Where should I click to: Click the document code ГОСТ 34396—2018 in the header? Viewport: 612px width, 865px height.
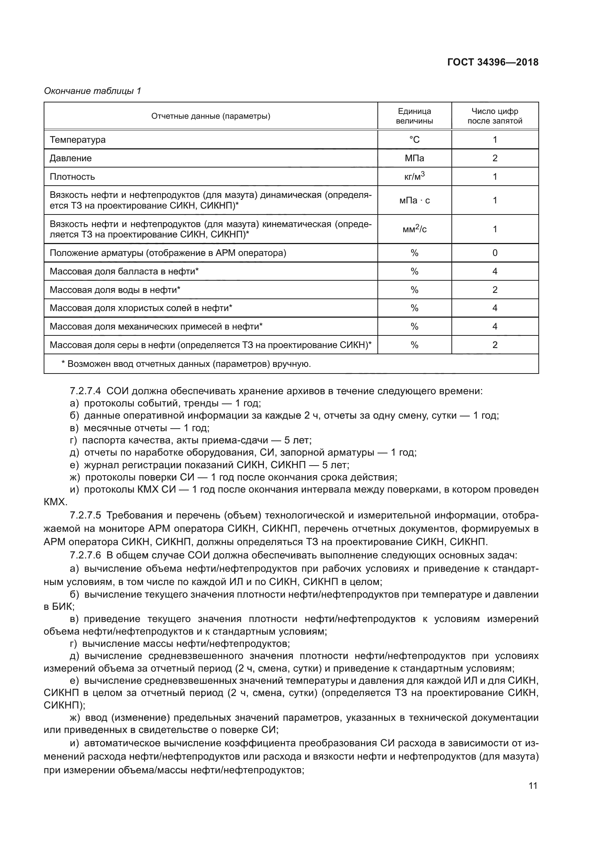pos(492,62)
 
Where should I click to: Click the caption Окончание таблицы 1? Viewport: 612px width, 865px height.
pos(93,91)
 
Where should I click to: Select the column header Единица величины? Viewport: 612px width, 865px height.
pos(414,116)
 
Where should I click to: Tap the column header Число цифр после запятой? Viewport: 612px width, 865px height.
pos(494,116)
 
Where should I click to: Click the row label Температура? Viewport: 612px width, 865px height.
pos(78,140)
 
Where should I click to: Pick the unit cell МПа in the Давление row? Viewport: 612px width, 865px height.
pos(414,158)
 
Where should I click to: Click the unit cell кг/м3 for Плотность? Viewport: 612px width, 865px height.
pos(414,176)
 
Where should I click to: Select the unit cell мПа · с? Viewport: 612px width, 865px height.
pos(414,200)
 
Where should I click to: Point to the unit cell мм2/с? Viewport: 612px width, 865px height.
pos(414,229)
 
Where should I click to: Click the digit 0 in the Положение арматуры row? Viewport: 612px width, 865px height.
pos(495,253)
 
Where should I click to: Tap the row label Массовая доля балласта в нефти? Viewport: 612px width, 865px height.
pos(124,271)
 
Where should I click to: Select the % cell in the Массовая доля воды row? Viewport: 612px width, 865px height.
pos(414,290)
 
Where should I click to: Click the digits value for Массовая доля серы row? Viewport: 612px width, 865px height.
pos(495,345)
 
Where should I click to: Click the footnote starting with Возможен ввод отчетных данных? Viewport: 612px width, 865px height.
pos(186,364)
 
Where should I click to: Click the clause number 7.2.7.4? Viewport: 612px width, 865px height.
pos(85,391)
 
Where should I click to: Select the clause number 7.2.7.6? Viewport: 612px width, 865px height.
pos(85,555)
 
